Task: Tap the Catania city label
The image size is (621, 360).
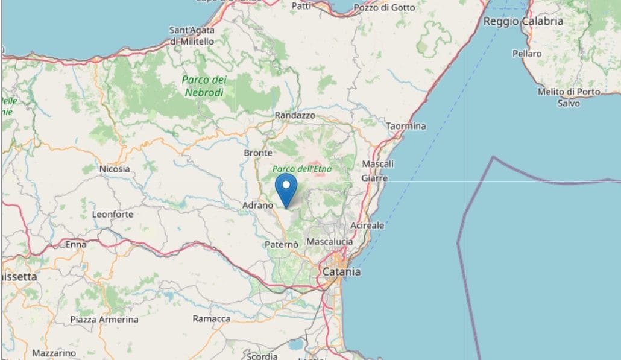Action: coord(341,272)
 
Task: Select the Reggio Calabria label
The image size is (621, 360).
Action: coord(523,21)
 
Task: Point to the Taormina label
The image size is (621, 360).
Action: coord(406,126)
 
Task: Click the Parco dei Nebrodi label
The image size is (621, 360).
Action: coord(204,86)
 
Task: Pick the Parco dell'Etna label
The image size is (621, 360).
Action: coord(302,169)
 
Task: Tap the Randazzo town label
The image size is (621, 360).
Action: coord(295,115)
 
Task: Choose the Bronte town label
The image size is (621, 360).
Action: coord(257,153)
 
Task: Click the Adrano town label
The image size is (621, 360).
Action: coord(258,206)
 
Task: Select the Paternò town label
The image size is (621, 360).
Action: coord(282,244)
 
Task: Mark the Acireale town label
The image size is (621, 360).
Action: coord(367,225)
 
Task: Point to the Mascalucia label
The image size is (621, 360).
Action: coord(330,241)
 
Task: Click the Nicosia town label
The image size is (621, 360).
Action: coord(115,169)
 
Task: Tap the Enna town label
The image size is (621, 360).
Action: coord(76,244)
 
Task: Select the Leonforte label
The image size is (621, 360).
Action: coord(113,214)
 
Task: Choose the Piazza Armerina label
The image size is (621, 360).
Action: coord(104,319)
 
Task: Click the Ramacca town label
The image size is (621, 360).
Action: coord(211,318)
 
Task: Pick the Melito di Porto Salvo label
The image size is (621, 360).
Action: coord(569,97)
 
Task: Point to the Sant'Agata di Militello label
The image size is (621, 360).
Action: coord(192,36)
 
